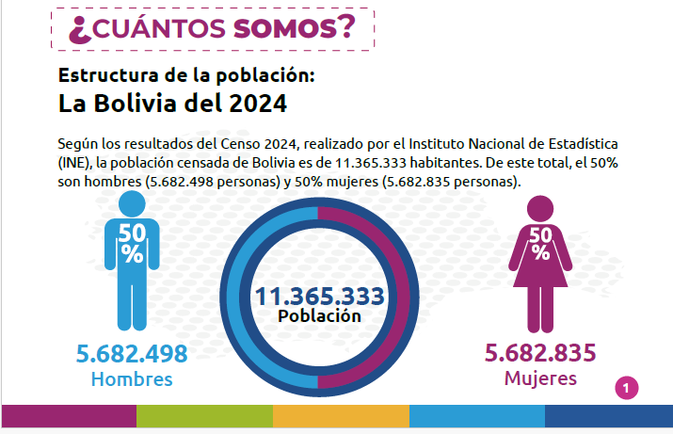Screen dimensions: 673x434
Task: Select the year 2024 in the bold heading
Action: pos(258,104)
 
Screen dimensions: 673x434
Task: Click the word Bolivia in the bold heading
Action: pos(136,104)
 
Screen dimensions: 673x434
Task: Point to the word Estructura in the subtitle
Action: pos(108,75)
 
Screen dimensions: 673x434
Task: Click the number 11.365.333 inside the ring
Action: pos(320,297)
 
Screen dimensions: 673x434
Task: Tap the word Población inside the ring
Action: pos(319,316)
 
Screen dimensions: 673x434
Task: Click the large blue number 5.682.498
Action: pos(132,354)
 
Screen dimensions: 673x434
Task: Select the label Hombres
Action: pos(132,379)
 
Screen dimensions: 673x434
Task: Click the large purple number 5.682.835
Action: pos(540,353)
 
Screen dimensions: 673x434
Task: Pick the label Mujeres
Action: pos(540,378)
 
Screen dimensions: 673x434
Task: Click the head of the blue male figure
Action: pos(132,204)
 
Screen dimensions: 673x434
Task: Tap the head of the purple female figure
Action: pos(540,209)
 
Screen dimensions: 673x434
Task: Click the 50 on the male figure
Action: pos(132,233)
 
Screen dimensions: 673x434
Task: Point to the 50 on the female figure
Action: pos(540,235)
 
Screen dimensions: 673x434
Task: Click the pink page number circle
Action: pos(627,388)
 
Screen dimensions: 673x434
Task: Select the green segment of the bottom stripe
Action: pos(205,416)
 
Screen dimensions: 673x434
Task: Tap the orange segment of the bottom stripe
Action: pos(342,416)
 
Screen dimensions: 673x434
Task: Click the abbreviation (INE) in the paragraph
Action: pos(74,163)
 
